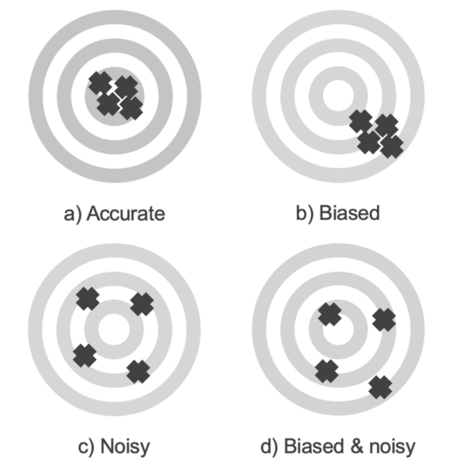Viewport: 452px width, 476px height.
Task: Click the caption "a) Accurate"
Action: (114, 214)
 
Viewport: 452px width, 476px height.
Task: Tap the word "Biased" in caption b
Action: (349, 213)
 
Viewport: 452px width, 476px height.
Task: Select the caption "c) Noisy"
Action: (114, 446)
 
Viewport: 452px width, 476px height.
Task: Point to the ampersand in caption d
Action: (356, 446)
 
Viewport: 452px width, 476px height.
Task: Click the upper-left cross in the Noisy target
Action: (87, 298)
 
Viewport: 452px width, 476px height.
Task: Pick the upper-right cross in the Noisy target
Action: (142, 304)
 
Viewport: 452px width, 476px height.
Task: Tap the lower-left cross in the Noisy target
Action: (85, 356)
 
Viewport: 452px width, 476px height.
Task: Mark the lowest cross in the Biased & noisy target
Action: (380, 387)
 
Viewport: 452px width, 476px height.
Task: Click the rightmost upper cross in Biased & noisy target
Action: (384, 320)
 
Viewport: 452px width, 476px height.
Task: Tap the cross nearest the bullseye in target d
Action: (329, 314)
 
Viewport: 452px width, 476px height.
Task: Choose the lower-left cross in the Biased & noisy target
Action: (327, 371)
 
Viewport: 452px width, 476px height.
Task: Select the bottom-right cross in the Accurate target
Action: (131, 109)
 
